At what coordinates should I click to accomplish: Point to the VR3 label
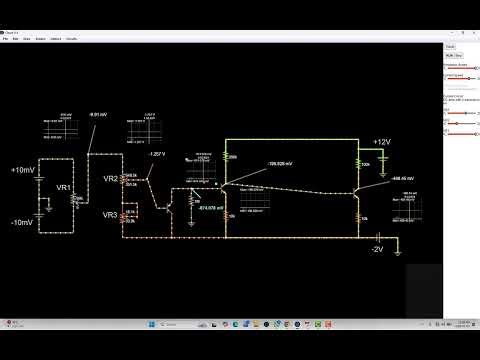coord(110,214)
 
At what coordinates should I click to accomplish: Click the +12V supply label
coord(385,142)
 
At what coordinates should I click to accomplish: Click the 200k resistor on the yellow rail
coord(228,157)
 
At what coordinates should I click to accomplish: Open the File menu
coord(5,39)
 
